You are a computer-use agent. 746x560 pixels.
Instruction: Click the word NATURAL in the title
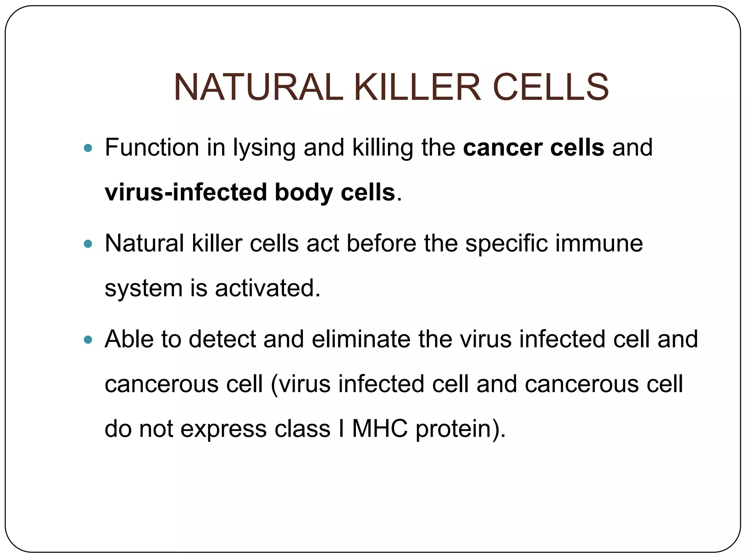point(258,87)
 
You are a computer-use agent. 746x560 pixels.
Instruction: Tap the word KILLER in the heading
point(417,87)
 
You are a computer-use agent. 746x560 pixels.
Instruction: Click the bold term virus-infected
point(185,192)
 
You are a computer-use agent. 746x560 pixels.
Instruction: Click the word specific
point(506,244)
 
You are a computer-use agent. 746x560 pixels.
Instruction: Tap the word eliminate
point(361,339)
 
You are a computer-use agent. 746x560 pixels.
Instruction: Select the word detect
point(222,339)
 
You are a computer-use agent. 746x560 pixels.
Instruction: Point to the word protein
point(454,429)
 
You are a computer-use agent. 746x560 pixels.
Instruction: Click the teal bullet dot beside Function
point(88,148)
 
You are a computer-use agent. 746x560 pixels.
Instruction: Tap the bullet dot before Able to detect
point(88,340)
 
